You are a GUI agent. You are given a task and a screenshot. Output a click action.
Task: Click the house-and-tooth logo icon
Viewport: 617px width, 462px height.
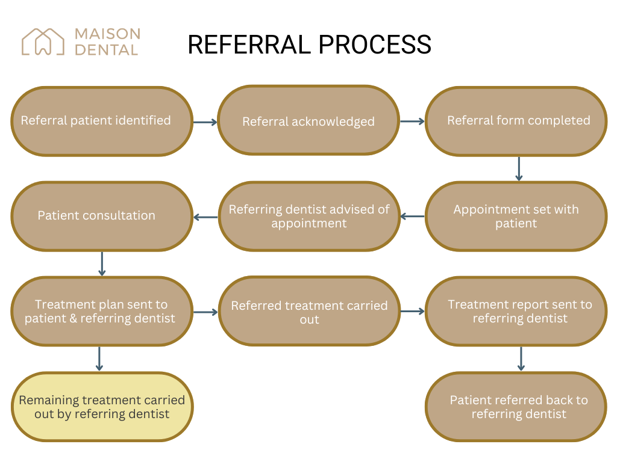[43, 42]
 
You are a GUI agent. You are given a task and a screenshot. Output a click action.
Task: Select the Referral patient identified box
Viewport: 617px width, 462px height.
[102, 121]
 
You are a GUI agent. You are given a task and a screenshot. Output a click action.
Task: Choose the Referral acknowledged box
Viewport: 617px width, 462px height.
[308, 121]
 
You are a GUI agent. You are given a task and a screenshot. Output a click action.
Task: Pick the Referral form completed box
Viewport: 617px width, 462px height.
[516, 121]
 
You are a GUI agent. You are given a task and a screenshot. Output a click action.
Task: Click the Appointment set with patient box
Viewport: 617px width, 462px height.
[516, 217]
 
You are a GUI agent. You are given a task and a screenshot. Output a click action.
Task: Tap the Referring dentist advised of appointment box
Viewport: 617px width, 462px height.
[308, 217]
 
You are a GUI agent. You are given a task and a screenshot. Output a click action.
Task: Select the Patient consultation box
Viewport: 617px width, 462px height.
[102, 217]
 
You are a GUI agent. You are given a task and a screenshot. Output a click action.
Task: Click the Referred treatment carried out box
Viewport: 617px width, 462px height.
[308, 312]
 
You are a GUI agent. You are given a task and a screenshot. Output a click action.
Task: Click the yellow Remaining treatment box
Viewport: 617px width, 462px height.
[102, 407]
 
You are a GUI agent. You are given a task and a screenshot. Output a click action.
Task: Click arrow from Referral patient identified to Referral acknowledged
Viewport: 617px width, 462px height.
[205, 122]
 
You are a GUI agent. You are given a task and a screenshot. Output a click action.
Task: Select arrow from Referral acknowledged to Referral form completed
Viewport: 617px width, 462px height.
[412, 122]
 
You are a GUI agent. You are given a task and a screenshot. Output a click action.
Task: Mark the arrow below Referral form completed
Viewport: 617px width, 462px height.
[519, 169]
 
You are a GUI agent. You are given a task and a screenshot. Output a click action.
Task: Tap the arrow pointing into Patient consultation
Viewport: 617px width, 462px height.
[205, 217]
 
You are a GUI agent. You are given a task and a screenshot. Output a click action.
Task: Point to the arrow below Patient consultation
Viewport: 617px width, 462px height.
[102, 263]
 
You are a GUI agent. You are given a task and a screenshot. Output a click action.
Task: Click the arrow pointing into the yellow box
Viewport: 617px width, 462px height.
[99, 359]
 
